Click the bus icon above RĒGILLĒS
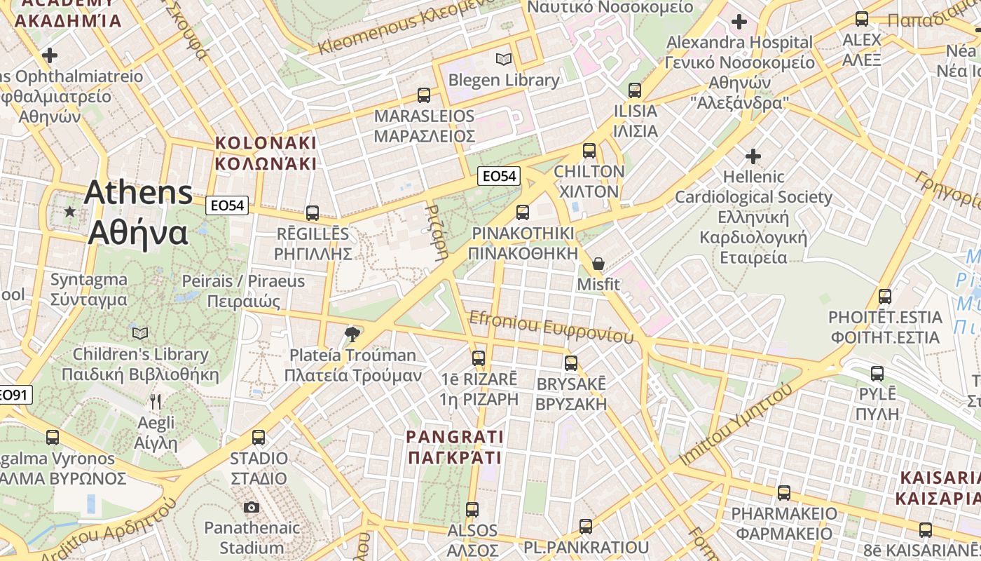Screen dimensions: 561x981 313,212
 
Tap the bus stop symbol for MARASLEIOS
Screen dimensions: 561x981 424,95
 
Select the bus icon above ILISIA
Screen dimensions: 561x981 635,90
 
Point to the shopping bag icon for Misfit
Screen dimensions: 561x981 598,264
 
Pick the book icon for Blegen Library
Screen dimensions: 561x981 503,59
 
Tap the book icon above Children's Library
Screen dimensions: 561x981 140,333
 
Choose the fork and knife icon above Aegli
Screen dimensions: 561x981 156,402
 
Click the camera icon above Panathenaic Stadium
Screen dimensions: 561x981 252,507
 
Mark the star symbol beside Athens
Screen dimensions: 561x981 69,211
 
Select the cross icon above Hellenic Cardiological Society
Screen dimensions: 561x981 753,155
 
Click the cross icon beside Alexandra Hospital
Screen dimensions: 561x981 739,22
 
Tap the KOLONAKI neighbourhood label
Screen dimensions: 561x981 266,153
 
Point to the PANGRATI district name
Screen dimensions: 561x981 455,447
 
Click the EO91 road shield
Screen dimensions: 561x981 14,395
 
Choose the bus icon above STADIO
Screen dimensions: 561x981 259,438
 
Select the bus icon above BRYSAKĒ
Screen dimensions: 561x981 571,363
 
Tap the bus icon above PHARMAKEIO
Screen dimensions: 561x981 784,492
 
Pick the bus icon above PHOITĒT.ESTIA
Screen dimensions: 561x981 885,296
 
